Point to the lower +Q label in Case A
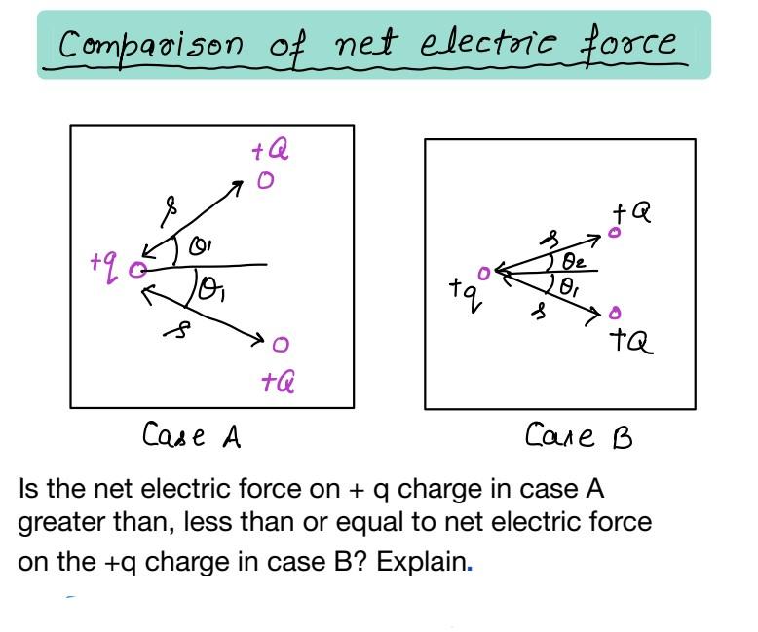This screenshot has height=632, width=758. (x=279, y=383)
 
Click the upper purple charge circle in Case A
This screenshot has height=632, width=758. (x=264, y=181)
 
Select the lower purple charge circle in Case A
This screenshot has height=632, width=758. (x=281, y=345)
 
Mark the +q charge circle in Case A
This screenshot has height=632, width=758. (x=138, y=267)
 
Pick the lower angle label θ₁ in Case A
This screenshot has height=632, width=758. (x=209, y=288)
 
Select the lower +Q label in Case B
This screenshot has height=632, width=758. (x=631, y=340)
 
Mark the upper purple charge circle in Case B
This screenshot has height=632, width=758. (x=614, y=232)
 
